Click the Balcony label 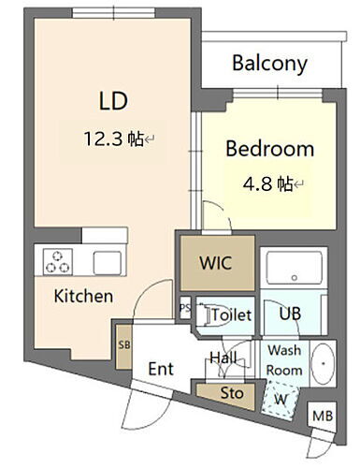pos(270,64)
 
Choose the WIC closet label pos(217,262)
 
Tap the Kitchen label pos(83,296)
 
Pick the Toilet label pos(231,315)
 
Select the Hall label pos(221,357)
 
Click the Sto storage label pos(231,394)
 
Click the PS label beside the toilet pos(187,307)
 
